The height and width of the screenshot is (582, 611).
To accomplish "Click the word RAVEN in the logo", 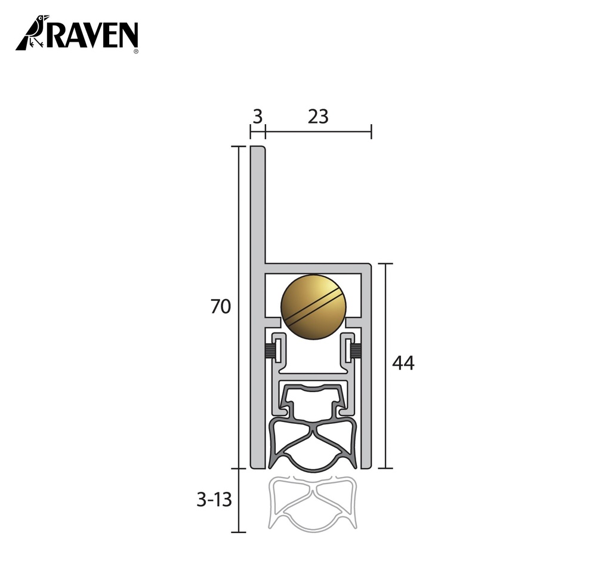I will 92,35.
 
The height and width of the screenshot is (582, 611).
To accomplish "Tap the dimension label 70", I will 220,307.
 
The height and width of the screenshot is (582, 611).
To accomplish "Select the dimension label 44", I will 403,362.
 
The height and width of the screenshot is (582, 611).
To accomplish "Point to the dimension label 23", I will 318,117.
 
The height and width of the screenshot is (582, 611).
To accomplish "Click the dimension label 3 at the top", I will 257,117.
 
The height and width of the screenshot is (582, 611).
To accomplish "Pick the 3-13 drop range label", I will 214,500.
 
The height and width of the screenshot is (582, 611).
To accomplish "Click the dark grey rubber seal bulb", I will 313,445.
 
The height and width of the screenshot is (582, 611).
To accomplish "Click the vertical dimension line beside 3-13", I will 239,500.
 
